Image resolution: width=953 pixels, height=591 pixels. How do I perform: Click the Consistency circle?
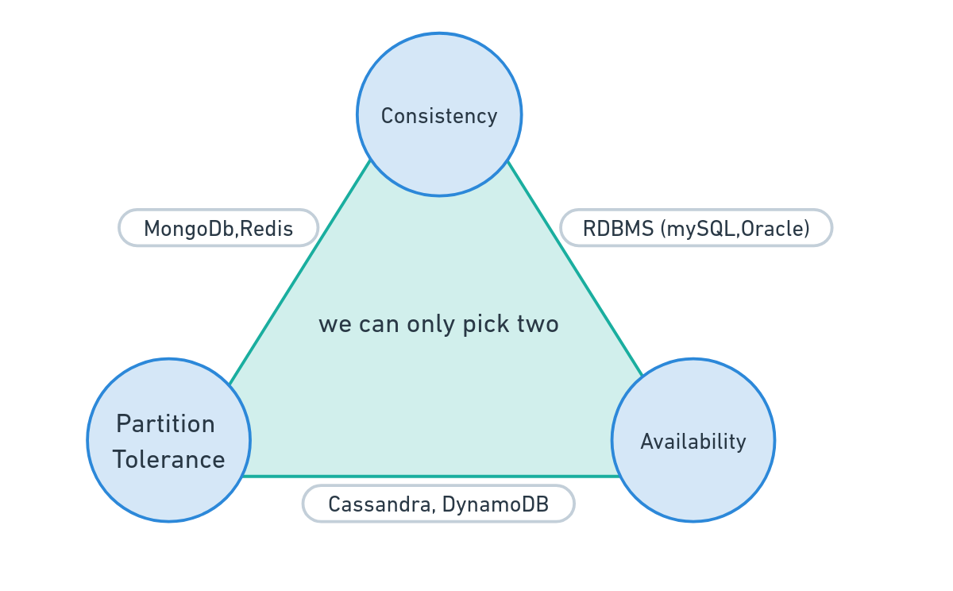pyautogui.click(x=439, y=114)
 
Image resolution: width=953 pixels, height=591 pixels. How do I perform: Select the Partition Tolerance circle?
pyautogui.click(x=169, y=440)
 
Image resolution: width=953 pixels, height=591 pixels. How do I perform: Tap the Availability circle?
pyautogui.click(x=693, y=440)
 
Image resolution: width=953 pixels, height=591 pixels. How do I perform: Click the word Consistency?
pyautogui.click(x=439, y=116)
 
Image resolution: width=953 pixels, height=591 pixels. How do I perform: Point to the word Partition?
pyautogui.click(x=165, y=423)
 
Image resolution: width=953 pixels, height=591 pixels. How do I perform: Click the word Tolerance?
pyautogui.click(x=169, y=459)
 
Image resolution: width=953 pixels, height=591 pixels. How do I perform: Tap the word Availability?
pyautogui.click(x=693, y=442)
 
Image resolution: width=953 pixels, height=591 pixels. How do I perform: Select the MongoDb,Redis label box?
pyautogui.click(x=218, y=228)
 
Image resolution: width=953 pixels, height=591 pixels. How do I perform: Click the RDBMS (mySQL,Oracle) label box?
pyautogui.click(x=696, y=228)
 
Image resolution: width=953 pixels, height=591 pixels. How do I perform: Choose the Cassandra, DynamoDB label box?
pyautogui.click(x=438, y=504)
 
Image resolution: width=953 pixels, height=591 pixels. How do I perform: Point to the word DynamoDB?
pyautogui.click(x=496, y=504)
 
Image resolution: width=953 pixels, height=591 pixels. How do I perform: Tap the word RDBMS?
pyautogui.click(x=618, y=229)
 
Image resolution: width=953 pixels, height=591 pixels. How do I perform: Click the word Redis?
pyautogui.click(x=266, y=229)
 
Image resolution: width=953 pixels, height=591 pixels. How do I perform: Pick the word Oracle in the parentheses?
pyautogui.click(x=773, y=229)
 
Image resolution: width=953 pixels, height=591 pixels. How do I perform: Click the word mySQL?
pyautogui.click(x=700, y=230)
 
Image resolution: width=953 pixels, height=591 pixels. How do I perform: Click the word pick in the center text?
pyautogui.click(x=486, y=325)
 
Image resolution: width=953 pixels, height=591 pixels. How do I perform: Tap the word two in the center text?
pyautogui.click(x=538, y=325)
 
